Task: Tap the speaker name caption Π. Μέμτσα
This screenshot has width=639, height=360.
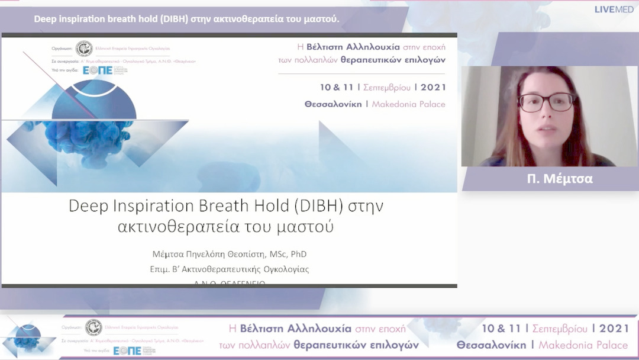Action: (559, 179)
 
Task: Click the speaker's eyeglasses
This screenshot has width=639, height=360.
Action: (546, 102)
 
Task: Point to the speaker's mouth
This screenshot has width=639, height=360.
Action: (546, 128)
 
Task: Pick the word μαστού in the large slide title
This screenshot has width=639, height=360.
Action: (308, 226)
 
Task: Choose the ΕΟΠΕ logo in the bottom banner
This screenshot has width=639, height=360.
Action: (127, 351)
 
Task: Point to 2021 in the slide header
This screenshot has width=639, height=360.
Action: (434, 87)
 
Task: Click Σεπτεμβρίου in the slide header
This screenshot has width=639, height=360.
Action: (386, 87)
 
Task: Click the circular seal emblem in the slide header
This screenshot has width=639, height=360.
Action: (84, 49)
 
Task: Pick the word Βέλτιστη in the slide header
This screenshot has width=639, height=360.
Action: (323, 47)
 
